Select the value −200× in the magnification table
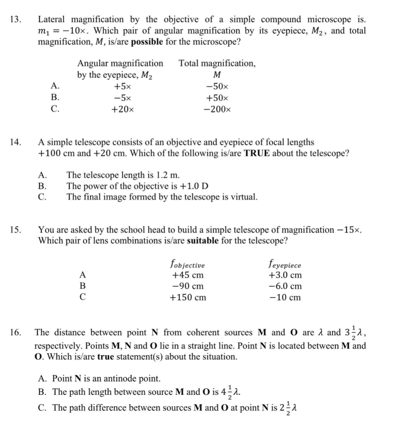218,109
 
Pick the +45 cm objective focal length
188,275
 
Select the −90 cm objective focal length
188,286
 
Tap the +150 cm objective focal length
188,297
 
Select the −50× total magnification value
218,87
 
